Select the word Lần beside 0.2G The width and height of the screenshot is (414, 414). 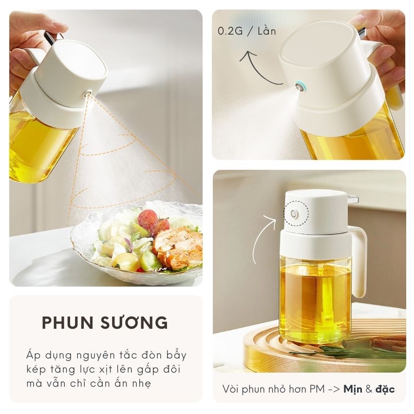[x=267, y=30]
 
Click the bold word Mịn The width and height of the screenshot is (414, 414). [x=353, y=389]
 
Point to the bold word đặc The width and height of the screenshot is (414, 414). [x=385, y=389]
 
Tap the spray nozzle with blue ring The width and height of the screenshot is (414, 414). [x=300, y=86]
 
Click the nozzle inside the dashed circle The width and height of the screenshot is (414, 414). [x=294, y=214]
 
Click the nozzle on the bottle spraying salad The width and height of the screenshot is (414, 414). [x=87, y=93]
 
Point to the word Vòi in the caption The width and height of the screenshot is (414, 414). [x=231, y=389]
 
